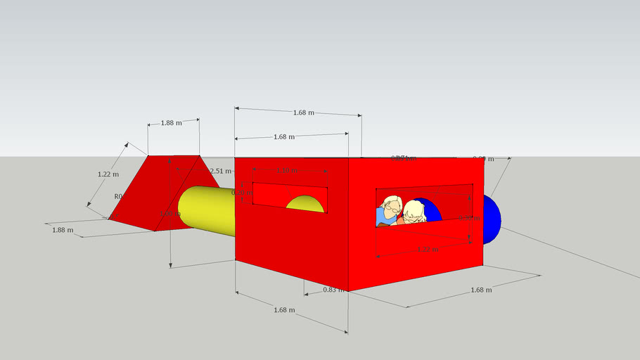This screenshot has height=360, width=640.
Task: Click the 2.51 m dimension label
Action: coord(222,171)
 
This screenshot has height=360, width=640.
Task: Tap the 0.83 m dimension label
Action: coord(333,290)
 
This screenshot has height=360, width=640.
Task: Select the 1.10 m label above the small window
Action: coord(288,171)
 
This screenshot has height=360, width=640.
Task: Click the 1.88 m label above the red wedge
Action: coord(172,122)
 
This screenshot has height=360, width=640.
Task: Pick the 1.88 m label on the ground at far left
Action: coord(62,230)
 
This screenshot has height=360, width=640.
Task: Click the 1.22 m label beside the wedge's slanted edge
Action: coord(108,174)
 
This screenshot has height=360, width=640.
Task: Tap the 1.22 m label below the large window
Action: coord(428,249)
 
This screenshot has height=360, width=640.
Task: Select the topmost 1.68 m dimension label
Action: coord(303,112)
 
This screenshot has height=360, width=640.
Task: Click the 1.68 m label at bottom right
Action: coord(481,290)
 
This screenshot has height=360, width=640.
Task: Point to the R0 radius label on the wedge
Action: coord(118,197)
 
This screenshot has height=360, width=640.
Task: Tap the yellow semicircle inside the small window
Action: coord(305,204)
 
